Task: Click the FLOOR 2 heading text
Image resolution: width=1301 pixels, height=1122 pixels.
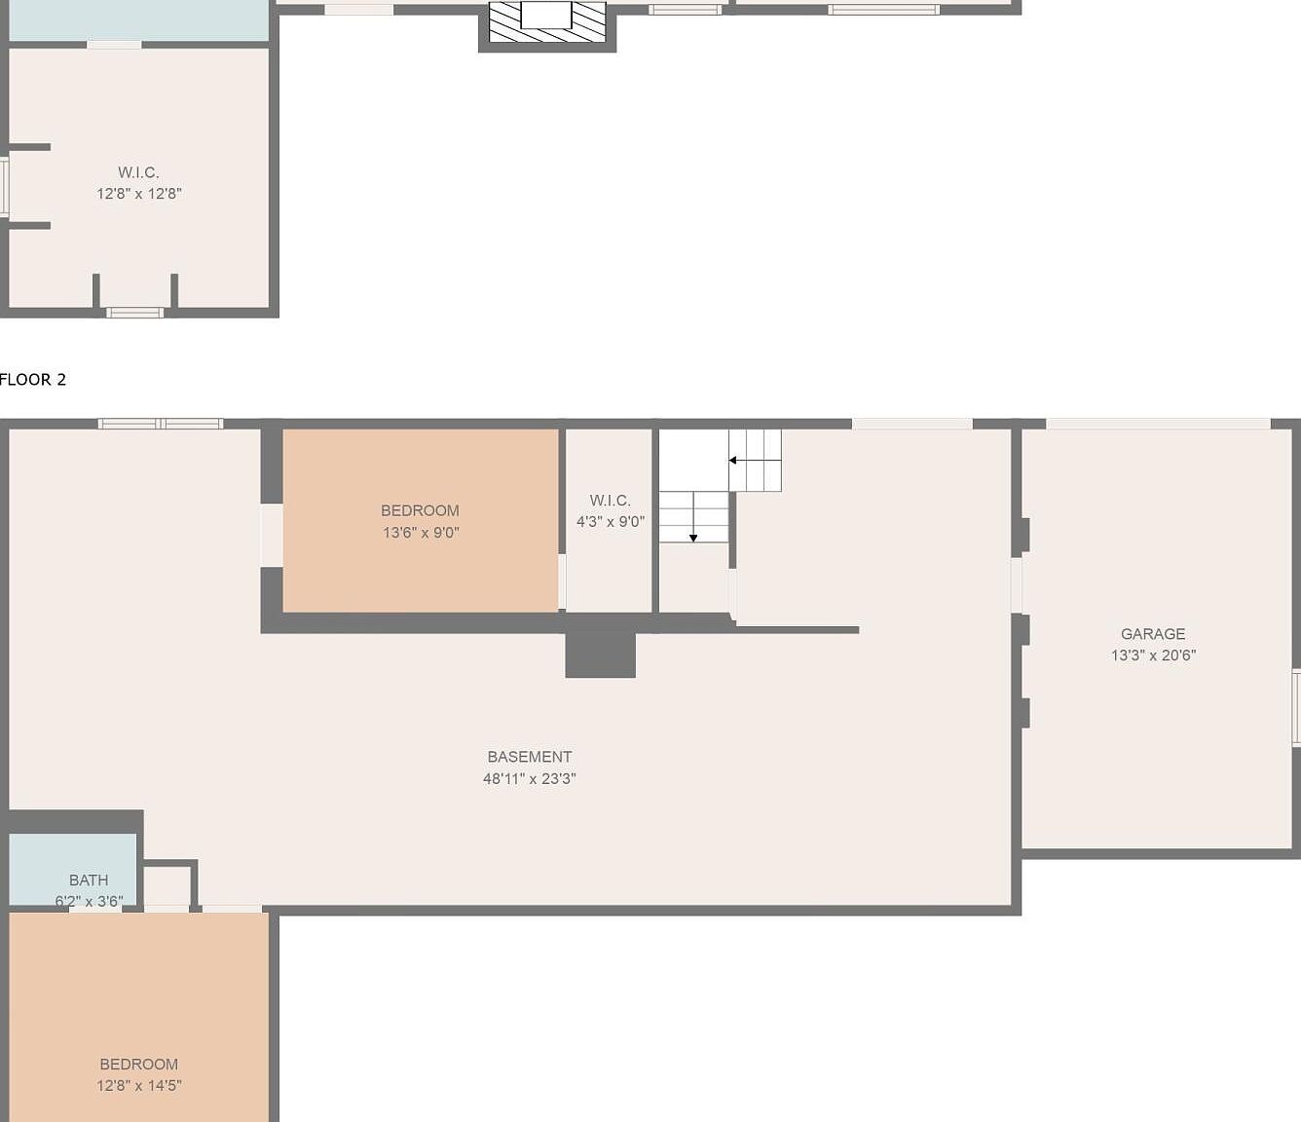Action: pyautogui.click(x=33, y=379)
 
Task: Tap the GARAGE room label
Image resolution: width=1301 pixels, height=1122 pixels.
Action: pyautogui.click(x=1152, y=633)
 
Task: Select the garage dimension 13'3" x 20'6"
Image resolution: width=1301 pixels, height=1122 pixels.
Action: pyautogui.click(x=1153, y=654)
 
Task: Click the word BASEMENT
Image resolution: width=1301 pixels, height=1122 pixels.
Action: pyautogui.click(x=530, y=756)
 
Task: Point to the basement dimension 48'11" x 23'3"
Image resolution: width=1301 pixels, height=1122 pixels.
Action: pyautogui.click(x=530, y=778)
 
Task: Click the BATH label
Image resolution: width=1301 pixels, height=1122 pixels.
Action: pyautogui.click(x=89, y=879)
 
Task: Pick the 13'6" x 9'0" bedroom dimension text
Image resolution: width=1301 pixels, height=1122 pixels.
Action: pyautogui.click(x=421, y=532)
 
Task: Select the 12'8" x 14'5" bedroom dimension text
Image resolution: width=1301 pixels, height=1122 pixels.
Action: pyautogui.click(x=139, y=1085)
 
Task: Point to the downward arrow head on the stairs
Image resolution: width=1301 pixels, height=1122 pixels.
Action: pyautogui.click(x=693, y=538)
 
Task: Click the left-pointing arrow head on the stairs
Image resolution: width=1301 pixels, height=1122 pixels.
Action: pyautogui.click(x=732, y=461)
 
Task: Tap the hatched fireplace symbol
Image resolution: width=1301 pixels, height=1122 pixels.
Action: pyautogui.click(x=547, y=21)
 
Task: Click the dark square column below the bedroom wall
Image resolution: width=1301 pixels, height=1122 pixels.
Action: pyautogui.click(x=600, y=654)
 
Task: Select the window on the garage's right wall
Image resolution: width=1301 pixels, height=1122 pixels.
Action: pyautogui.click(x=1296, y=707)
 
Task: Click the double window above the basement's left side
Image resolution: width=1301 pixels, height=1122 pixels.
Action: pyautogui.click(x=161, y=424)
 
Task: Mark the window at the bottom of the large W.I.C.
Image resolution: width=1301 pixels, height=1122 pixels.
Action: pyautogui.click(x=134, y=313)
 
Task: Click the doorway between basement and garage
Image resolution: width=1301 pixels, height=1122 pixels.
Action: pyautogui.click(x=1017, y=585)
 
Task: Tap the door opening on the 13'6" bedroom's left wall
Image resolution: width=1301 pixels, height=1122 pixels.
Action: pyautogui.click(x=272, y=535)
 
